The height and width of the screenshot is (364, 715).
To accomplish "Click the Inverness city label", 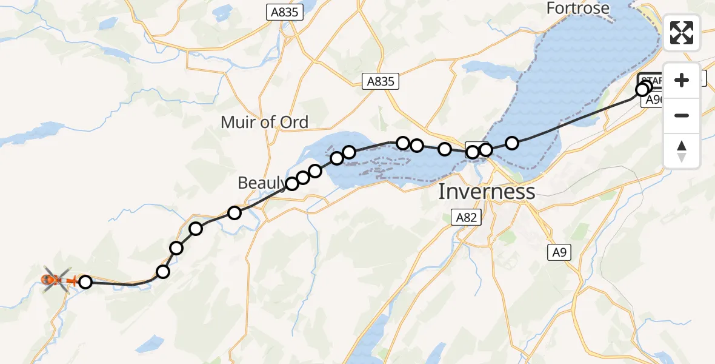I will tap(487, 192).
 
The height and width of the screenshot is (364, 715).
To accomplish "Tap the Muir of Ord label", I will tap(264, 122).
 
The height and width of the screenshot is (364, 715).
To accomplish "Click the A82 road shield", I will tap(466, 217).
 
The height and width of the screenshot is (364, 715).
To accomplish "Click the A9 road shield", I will tap(559, 252).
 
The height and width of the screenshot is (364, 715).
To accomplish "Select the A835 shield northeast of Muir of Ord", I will tap(381, 82).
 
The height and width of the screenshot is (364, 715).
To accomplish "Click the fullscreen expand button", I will tap(682, 33).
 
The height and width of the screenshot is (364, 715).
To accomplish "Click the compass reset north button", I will tap(682, 150).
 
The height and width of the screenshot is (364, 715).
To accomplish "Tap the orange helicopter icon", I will tap(54, 280).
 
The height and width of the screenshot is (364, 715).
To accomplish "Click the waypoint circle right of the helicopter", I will tap(85, 281).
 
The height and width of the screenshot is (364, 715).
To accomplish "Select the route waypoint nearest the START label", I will tap(642, 90).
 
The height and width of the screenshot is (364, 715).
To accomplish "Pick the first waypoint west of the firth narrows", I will tap(473, 152).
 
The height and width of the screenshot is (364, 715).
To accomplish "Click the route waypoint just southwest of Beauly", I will tap(234, 212).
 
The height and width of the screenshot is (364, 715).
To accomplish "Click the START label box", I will tap(650, 79).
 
